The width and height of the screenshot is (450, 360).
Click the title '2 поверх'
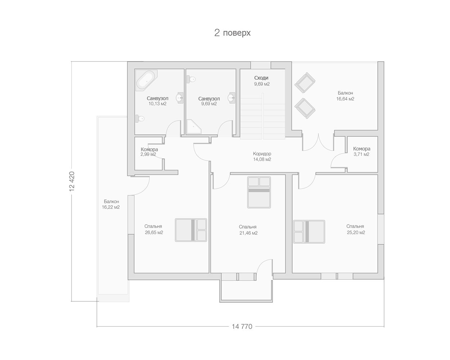(x=232, y=33)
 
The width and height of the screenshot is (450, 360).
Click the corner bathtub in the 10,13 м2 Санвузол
(x=146, y=80)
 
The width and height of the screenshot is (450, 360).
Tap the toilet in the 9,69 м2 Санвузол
(x=191, y=79)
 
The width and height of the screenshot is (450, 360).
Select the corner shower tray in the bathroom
(x=194, y=126)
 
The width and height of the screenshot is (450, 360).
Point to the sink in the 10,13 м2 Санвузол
(x=180, y=98)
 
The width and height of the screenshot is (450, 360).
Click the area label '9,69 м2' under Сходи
(x=262, y=84)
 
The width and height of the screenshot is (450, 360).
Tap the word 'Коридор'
(x=262, y=154)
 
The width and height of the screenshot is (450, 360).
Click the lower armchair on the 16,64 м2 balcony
(x=305, y=108)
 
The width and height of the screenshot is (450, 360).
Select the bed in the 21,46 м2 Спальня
(x=259, y=192)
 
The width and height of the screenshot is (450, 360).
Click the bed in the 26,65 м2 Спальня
(x=191, y=230)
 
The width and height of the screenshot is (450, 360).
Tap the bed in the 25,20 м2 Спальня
(x=309, y=231)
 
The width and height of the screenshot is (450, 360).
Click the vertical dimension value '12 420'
(x=72, y=181)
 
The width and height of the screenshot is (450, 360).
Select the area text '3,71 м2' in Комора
(x=361, y=154)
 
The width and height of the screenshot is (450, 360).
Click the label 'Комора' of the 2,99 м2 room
(x=149, y=149)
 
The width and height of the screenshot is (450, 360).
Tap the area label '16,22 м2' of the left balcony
(x=111, y=207)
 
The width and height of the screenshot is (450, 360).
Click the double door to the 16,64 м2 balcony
(x=318, y=142)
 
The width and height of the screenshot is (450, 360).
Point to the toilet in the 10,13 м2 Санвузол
(x=140, y=118)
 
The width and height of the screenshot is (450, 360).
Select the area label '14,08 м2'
(x=262, y=159)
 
